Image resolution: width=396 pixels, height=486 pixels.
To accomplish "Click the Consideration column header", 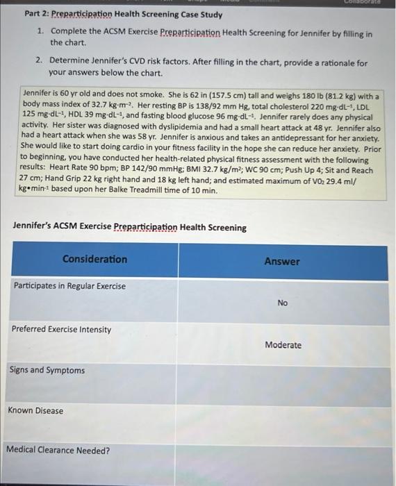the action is coord(94,259).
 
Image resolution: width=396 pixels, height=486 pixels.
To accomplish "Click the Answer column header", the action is coord(282,262).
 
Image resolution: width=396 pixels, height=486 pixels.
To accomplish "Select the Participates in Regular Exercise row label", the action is coord(69,286).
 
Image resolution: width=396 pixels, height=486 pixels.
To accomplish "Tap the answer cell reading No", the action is coord(282,303).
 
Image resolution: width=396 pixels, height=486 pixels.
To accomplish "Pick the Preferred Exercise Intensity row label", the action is coord(61,329).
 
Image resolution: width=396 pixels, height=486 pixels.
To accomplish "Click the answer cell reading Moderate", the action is coord(283,345).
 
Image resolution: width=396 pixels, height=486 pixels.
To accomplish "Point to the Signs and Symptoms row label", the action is coord(47,370).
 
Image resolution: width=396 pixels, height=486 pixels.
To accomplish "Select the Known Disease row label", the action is coord(35,410).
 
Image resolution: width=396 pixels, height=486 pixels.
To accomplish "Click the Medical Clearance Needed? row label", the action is coord(58,450).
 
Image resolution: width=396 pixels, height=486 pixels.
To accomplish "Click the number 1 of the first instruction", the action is coord(41,32).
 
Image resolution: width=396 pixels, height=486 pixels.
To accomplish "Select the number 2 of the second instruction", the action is coord(41,62).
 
